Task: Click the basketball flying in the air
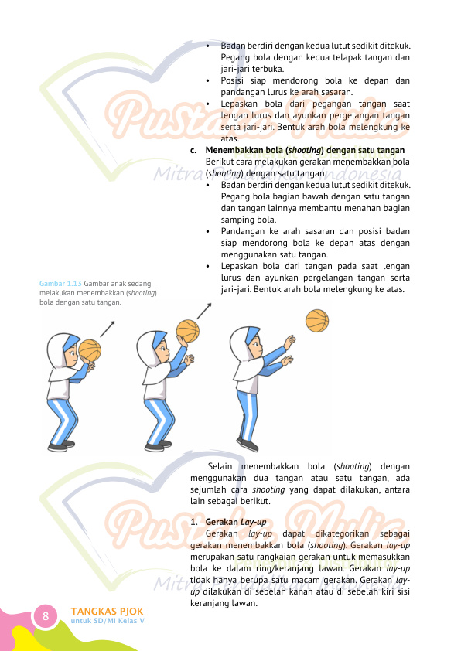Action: tap(317, 321)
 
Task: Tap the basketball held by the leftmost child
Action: tap(90, 351)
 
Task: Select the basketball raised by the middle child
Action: tap(188, 331)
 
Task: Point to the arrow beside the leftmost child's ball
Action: tap(108, 329)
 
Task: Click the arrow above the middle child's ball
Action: tap(204, 311)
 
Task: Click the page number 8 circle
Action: tap(46, 615)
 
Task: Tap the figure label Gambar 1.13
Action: tap(60, 284)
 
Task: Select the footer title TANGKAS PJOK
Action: tap(107, 611)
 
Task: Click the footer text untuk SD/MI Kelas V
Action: tap(108, 621)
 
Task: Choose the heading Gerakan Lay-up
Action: tap(235, 522)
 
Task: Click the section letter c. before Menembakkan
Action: tap(193, 150)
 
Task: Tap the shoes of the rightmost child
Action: tap(248, 445)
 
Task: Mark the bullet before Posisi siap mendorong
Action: tap(207, 80)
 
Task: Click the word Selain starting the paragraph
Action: tap(220, 466)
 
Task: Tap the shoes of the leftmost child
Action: tap(61, 446)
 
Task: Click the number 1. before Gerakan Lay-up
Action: tap(193, 523)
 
